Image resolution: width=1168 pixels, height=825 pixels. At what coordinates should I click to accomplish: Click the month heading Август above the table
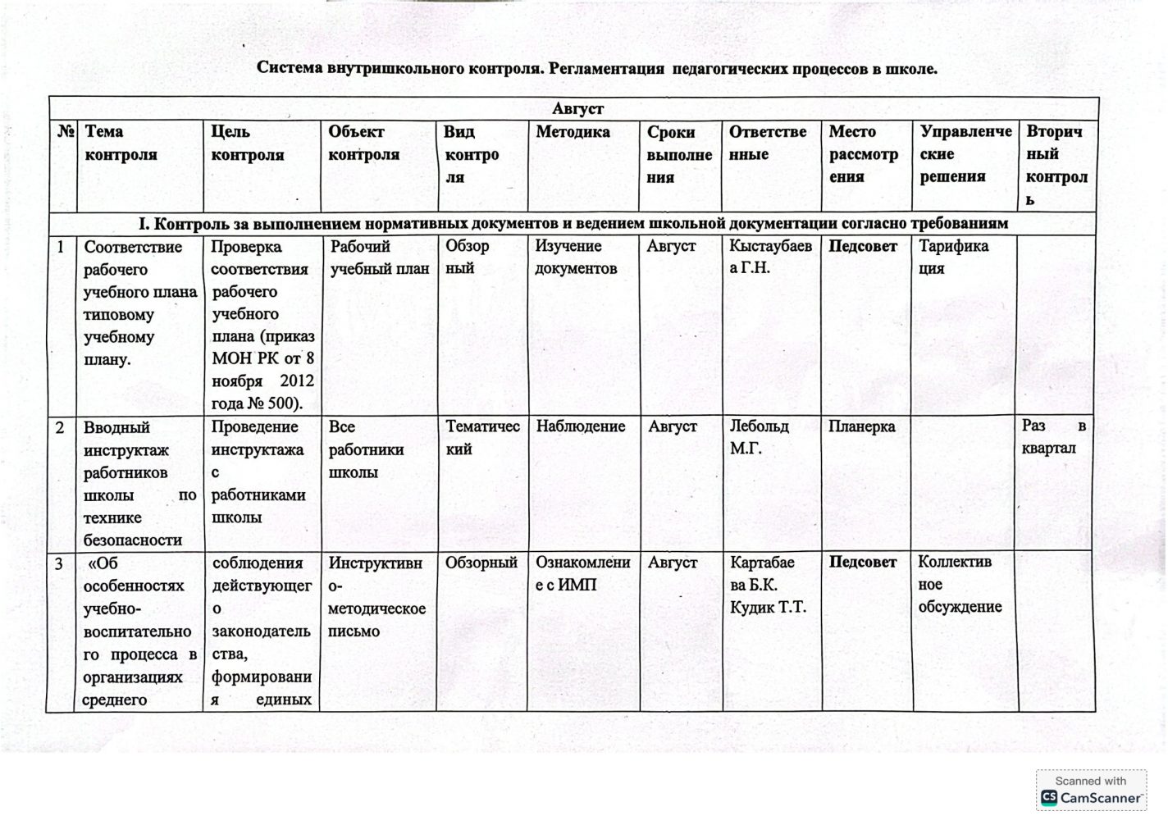[577, 109]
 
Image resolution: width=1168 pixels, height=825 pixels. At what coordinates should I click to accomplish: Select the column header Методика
[573, 132]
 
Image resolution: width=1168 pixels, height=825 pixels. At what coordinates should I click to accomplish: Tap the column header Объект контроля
[363, 143]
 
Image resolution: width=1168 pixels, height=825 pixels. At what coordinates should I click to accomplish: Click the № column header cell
[66, 131]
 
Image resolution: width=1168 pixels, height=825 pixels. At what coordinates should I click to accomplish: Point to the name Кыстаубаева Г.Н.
[769, 257]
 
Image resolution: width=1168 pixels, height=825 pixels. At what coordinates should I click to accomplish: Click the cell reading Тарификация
[953, 257]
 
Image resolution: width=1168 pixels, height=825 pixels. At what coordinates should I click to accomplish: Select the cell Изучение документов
[575, 257]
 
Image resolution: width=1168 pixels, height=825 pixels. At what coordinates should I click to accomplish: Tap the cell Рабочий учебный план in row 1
[379, 257]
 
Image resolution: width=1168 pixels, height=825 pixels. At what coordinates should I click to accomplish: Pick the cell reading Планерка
[861, 426]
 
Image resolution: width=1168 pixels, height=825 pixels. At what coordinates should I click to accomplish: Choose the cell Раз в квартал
[1053, 437]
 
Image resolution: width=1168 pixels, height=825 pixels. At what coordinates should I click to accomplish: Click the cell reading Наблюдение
[580, 426]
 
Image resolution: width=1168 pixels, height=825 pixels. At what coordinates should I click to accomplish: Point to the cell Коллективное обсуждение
[959, 584]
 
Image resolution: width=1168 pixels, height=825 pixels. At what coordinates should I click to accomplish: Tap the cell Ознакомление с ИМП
[582, 573]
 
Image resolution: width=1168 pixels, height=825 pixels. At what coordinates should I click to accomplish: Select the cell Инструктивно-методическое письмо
[376, 596]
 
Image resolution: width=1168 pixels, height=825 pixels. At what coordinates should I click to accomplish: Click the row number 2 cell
[60, 427]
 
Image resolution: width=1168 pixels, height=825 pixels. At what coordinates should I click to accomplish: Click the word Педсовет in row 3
[862, 562]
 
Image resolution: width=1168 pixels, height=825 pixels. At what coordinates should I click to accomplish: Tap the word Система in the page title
[290, 68]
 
